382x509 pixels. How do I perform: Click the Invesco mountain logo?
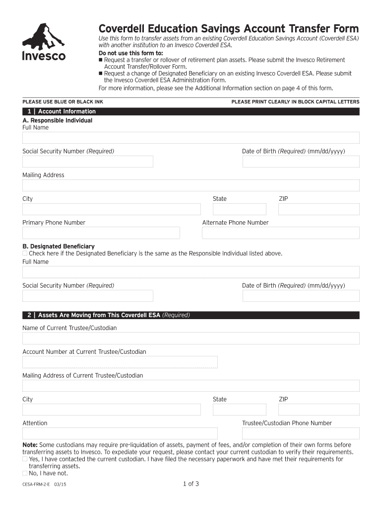pyautogui.click(x=44, y=42)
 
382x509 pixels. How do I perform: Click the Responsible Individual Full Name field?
pyautogui.click(x=191, y=138)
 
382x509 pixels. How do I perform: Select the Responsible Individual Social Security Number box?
pyautogui.click(x=88, y=162)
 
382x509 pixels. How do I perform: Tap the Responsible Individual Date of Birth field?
pyautogui.click(x=301, y=162)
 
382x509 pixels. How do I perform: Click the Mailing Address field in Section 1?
pyautogui.click(x=191, y=185)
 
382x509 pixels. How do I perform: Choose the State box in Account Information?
pyautogui.click(x=240, y=209)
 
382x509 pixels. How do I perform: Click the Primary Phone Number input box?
pyautogui.click(x=101, y=233)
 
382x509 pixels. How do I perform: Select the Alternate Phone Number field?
pyautogui.click(x=281, y=233)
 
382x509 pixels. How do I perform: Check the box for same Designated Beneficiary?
pyautogui.click(x=25, y=254)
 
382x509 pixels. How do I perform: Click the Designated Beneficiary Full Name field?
pyautogui.click(x=191, y=272)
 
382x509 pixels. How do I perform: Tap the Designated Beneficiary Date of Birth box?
pyautogui.click(x=301, y=296)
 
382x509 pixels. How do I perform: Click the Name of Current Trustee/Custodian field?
pyautogui.click(x=191, y=339)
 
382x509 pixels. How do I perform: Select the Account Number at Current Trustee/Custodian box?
pyautogui.click(x=120, y=362)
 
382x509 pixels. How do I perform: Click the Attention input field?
pyautogui.click(x=120, y=433)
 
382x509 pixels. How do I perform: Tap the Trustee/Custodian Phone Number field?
pyautogui.click(x=301, y=433)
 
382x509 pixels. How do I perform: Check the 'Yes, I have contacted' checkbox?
pyautogui.click(x=25, y=459)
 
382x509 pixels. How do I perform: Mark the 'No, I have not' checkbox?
pyautogui.click(x=25, y=474)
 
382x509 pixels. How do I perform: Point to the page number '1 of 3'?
pyautogui.click(x=191, y=484)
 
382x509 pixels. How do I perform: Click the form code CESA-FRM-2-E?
pyautogui.click(x=36, y=484)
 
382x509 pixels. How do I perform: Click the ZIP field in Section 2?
pyautogui.click(x=318, y=410)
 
